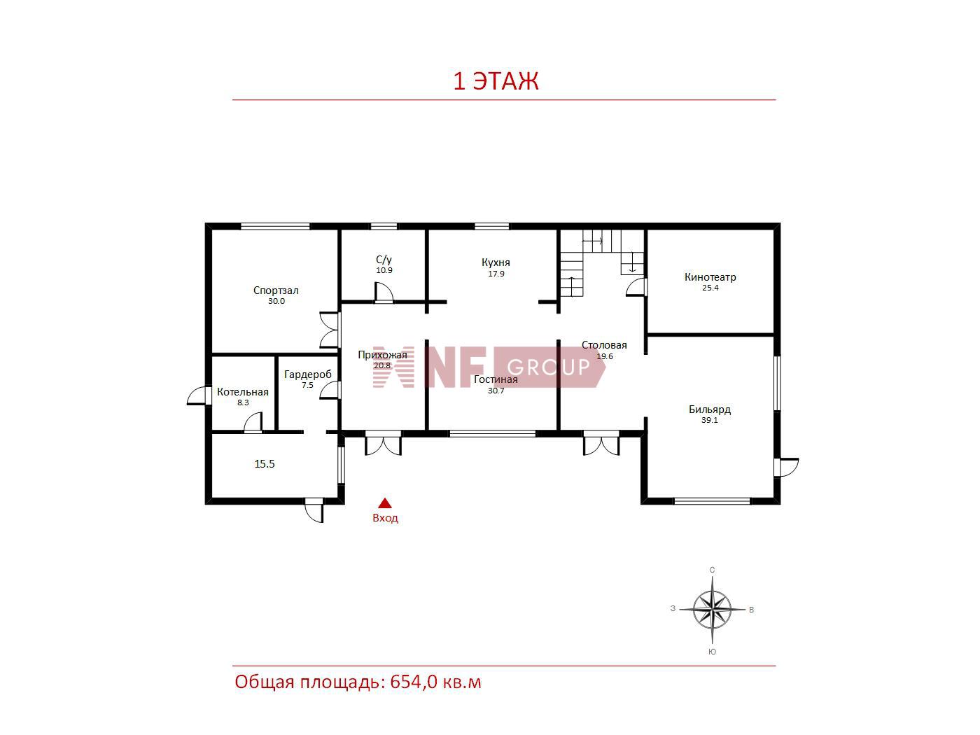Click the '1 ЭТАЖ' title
coord(496,81)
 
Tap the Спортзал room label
coord(276,290)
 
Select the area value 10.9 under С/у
coord(384,270)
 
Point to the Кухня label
coord(496,262)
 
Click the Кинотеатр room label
coord(710,276)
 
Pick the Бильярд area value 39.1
coord(709,420)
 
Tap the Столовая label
coord(604,344)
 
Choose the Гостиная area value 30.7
coord(496,391)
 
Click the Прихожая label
coord(382,355)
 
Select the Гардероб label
coord(307,374)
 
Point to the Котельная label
coord(242,392)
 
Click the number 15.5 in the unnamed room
coord(265,463)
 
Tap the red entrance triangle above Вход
coord(385,503)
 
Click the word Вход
coord(385,518)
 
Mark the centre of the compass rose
coord(712,609)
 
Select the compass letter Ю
coord(712,652)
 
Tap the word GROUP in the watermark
coord(549,367)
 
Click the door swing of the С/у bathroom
coord(384,292)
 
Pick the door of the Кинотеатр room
coord(636,287)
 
